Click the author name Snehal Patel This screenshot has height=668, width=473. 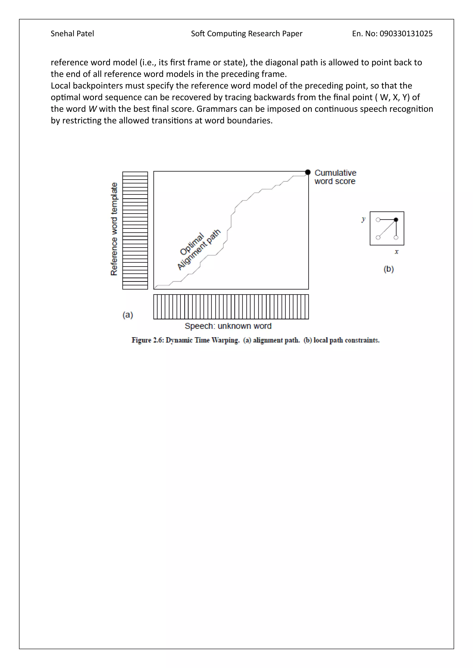click(x=72, y=34)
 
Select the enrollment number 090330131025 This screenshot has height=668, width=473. click(x=406, y=34)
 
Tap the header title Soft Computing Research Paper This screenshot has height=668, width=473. click(x=246, y=34)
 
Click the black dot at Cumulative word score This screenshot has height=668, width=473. click(x=308, y=172)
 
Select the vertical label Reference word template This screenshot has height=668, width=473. click(x=114, y=229)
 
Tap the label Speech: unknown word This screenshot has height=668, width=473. click(x=228, y=326)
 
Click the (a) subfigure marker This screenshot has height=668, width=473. click(x=127, y=315)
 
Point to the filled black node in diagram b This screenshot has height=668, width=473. click(x=396, y=220)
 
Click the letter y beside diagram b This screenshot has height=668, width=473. click(x=363, y=219)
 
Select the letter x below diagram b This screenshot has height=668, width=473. click(x=396, y=252)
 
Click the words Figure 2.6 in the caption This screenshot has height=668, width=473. click(x=148, y=340)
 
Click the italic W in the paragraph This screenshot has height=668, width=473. click(x=92, y=109)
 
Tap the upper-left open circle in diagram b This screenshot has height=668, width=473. click(x=378, y=220)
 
